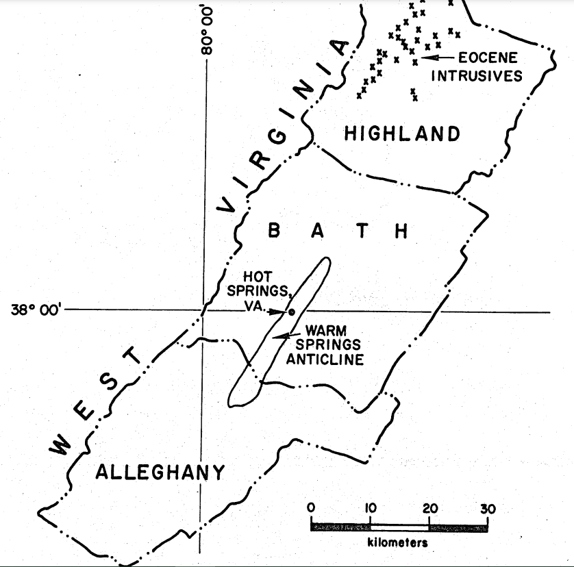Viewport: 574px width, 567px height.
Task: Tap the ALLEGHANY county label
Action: pyautogui.click(x=160, y=472)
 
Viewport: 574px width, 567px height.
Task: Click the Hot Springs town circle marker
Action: pyautogui.click(x=291, y=312)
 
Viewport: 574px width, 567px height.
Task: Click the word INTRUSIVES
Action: pyautogui.click(x=476, y=75)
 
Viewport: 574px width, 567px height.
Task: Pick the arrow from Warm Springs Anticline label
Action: pyautogui.click(x=282, y=335)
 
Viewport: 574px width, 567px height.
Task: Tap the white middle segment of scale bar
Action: pyautogui.click(x=399, y=527)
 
